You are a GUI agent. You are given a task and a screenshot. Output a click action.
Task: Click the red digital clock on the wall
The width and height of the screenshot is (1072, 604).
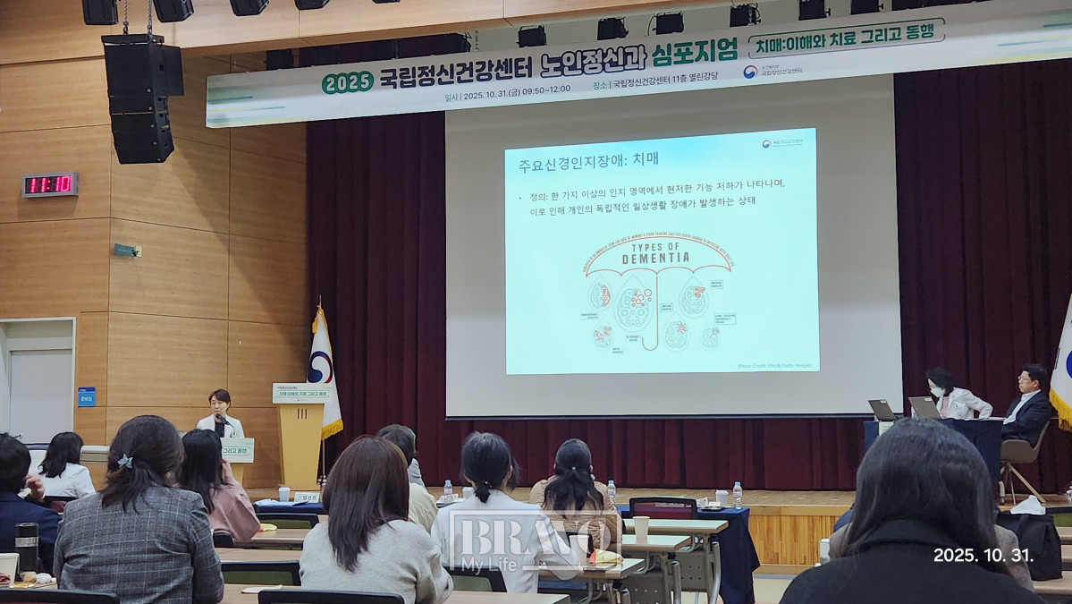point(50,185)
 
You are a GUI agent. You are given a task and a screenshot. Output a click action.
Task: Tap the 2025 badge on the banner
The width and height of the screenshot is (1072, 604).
point(347,81)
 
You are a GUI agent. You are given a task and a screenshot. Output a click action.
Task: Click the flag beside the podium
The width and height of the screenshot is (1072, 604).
point(324,371)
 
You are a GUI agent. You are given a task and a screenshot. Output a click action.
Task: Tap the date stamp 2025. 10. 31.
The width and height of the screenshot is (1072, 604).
point(983,555)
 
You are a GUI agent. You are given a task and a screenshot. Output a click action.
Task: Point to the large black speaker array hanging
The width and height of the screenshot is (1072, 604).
point(141,98)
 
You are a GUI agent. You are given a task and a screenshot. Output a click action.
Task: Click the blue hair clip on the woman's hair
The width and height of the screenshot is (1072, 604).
point(125,462)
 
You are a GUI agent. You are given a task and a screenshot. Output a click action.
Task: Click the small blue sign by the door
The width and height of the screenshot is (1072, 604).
point(86,396)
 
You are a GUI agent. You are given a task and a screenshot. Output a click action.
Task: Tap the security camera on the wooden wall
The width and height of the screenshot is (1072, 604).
point(125,251)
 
